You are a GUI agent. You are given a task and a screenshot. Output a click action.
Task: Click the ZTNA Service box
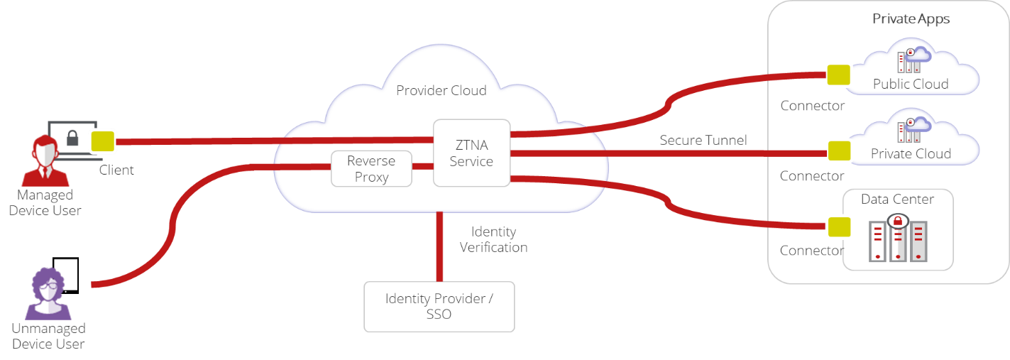pos(471,153)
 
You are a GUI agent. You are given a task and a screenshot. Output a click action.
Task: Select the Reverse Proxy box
pos(371,169)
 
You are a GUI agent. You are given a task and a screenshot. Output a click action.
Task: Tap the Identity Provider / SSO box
pos(439,306)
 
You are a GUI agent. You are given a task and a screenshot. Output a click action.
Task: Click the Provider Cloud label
pos(441,90)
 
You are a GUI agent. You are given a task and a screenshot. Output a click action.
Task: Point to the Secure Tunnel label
pos(703,140)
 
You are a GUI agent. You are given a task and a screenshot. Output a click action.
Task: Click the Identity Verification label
pos(493,240)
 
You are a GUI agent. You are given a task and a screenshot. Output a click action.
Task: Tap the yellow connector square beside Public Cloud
pos(839,75)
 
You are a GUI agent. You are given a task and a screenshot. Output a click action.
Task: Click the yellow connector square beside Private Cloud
pos(839,151)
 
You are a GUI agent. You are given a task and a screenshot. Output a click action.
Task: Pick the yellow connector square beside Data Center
pos(839,227)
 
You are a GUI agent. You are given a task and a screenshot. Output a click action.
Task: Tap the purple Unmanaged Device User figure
pos(48,295)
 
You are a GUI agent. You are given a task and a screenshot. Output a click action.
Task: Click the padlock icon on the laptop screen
pos(72,137)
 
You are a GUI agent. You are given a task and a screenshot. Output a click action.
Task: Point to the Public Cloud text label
pos(910,84)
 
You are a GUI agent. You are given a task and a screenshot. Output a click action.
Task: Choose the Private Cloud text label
pos(910,153)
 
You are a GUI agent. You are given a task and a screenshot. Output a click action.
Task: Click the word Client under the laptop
pos(116,170)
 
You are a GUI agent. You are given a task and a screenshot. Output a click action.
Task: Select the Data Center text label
pos(897,199)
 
